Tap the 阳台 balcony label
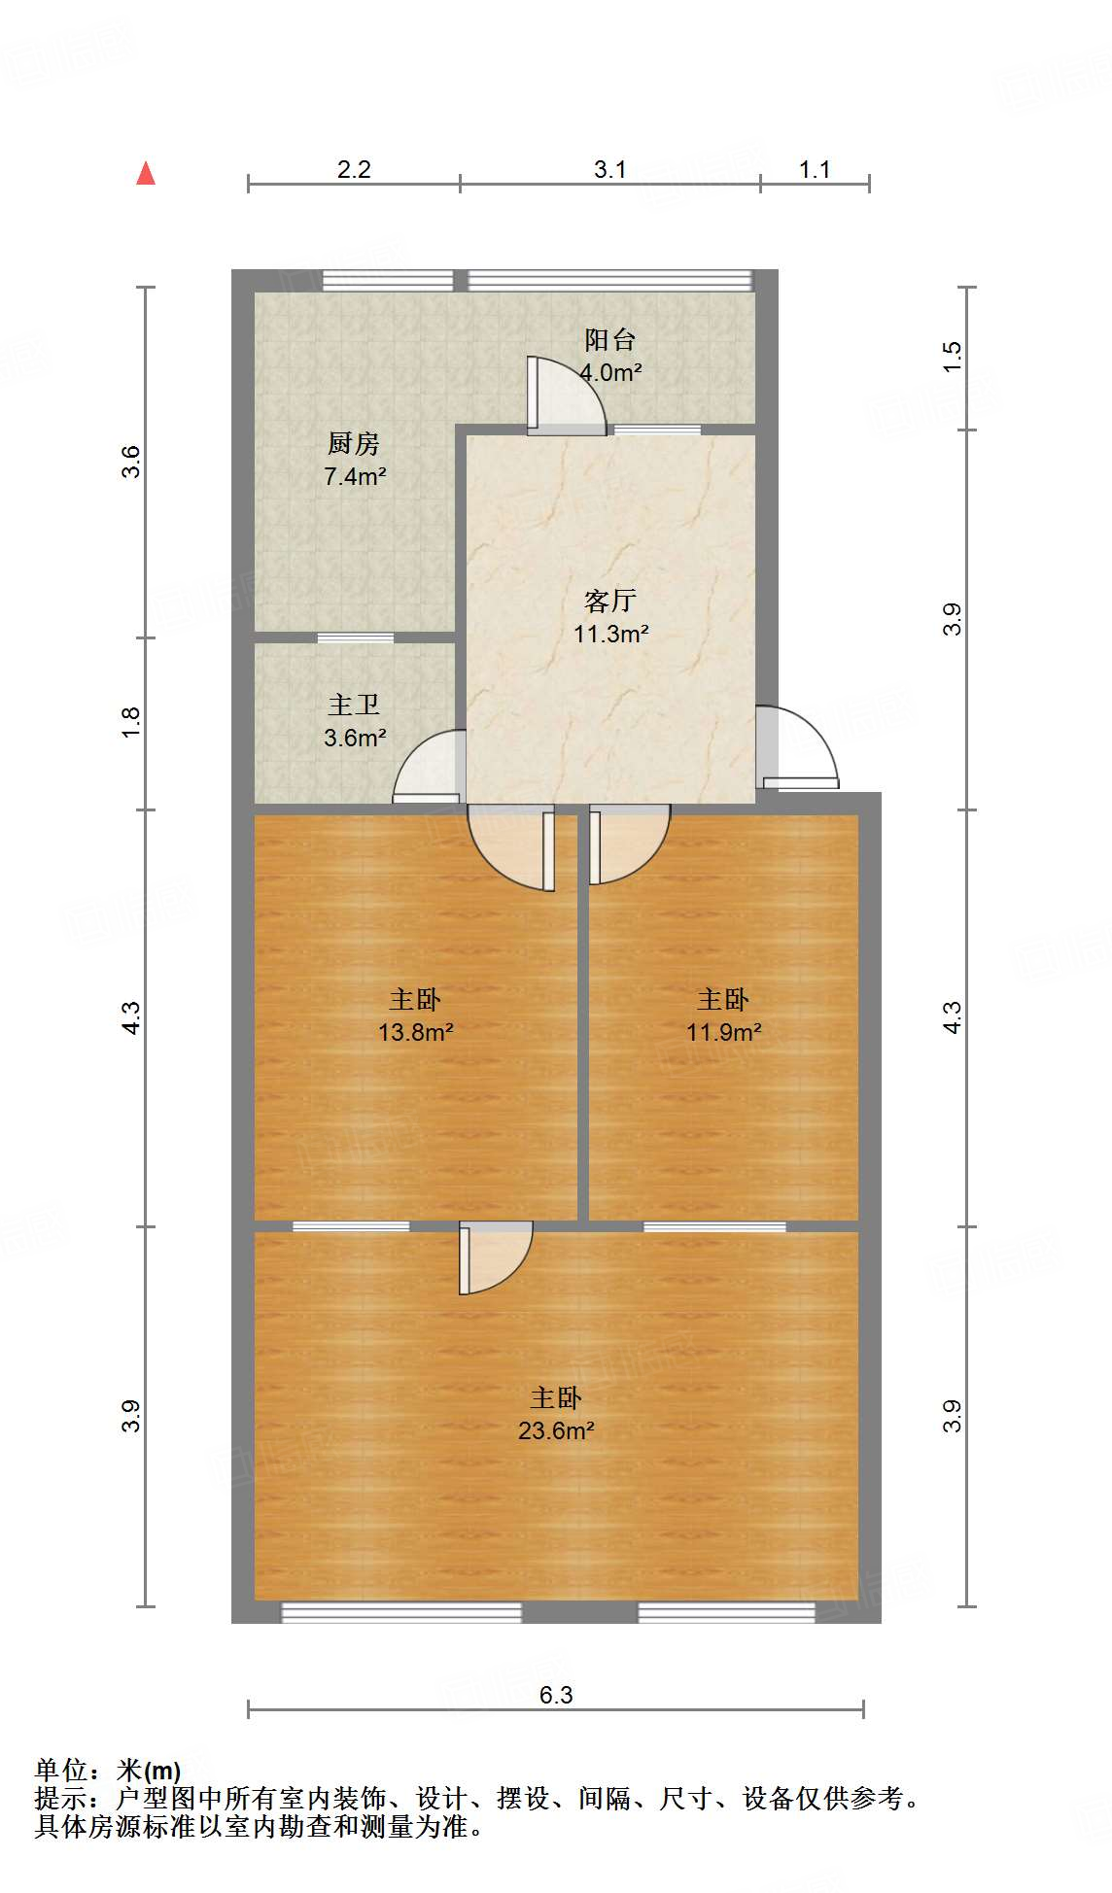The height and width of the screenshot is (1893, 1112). (x=609, y=340)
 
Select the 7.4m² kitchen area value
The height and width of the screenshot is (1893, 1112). (x=355, y=476)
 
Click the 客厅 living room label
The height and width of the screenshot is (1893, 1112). (x=609, y=601)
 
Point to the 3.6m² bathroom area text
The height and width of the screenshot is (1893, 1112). (x=355, y=738)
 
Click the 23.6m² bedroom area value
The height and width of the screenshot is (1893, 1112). (x=555, y=1430)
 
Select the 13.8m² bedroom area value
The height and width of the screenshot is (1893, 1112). (x=415, y=1032)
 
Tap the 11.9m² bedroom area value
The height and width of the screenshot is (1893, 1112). (x=723, y=1032)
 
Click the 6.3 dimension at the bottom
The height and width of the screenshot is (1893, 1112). (x=556, y=1695)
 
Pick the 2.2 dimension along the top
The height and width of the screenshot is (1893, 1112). (x=354, y=169)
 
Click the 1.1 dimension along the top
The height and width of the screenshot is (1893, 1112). (x=815, y=169)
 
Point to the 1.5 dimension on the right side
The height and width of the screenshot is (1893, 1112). (x=952, y=356)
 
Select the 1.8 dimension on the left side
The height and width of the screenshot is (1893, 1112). (x=131, y=722)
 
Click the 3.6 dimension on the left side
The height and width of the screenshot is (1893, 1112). (x=131, y=461)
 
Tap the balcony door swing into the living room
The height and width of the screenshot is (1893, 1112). (x=564, y=396)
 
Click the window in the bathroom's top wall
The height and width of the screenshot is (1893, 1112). (x=355, y=637)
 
